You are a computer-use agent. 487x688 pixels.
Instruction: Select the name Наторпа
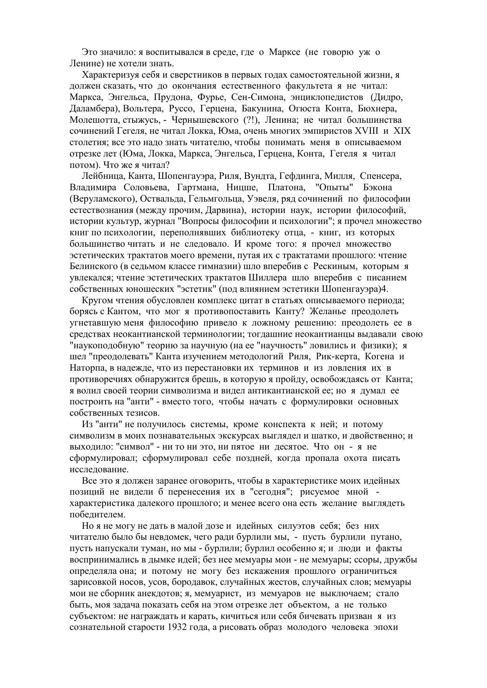(86, 368)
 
